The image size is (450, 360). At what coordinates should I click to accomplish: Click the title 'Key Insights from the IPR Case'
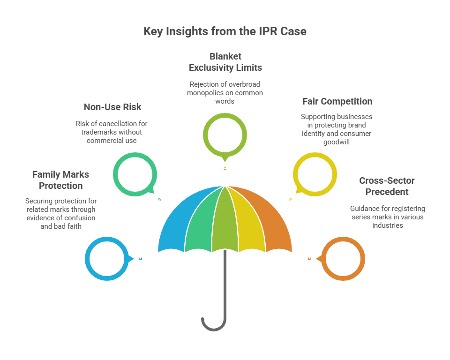[225, 32]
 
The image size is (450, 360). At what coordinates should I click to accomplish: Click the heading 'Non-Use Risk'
[112, 107]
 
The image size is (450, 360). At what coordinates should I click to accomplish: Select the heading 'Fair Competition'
[337, 101]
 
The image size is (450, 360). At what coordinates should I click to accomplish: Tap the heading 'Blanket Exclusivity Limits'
[225, 62]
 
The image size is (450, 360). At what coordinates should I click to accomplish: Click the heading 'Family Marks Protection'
[61, 180]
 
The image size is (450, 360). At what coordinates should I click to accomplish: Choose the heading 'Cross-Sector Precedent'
[387, 186]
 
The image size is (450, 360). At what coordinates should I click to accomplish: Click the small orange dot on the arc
[309, 259]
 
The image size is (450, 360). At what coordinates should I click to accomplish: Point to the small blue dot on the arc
[141, 259]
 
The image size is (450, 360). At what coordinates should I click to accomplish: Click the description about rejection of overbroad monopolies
[225, 92]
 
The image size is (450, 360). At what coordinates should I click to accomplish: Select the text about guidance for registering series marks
[387, 217]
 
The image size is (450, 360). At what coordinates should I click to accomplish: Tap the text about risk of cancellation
[112, 132]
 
